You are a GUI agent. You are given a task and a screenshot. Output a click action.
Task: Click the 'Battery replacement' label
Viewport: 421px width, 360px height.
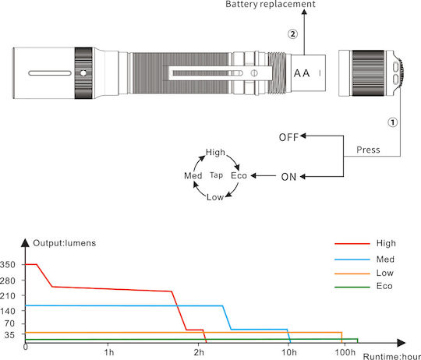271,4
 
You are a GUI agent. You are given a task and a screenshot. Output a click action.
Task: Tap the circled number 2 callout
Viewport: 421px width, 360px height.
292,34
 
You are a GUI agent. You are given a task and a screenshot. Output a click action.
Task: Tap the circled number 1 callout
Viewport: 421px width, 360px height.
392,122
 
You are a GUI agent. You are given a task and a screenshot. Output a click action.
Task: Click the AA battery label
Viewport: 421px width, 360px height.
302,73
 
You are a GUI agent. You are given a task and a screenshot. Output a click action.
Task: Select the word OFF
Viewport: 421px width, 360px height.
288,137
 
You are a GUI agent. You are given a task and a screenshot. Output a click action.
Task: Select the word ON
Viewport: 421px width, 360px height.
288,177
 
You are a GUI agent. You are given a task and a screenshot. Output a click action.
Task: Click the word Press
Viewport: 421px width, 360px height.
368,150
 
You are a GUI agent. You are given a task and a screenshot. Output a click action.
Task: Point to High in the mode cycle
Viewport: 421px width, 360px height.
215,153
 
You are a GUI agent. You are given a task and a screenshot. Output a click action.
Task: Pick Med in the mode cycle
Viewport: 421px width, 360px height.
193,176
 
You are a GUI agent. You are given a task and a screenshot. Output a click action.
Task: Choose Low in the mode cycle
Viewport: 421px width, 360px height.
215,197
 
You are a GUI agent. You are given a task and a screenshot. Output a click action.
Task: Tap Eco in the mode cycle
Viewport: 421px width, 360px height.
239,175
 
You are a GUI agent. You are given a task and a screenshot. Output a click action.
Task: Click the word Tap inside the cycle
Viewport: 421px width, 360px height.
217,175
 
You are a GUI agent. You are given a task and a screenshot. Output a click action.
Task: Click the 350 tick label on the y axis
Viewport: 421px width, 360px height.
8,265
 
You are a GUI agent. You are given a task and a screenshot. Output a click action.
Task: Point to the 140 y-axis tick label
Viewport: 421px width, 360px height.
8,311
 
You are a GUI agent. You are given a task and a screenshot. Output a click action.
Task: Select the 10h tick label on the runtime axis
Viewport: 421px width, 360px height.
289,352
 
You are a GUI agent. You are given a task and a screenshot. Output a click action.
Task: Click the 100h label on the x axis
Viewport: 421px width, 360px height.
345,352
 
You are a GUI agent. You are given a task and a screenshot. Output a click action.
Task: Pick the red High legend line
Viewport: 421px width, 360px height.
352,244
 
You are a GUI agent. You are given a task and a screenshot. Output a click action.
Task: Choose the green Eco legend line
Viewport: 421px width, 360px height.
352,287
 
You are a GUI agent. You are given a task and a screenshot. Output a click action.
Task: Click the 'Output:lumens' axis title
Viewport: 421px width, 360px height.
65,243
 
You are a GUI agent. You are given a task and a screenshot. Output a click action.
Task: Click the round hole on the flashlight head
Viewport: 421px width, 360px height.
83,73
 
